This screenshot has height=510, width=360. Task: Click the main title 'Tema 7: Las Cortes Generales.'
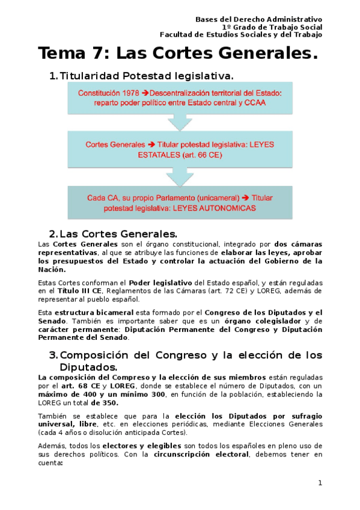[x=177, y=54]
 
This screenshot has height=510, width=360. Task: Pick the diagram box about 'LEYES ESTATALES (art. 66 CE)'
[x=181, y=149]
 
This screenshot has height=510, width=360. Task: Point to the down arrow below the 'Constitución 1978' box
[x=180, y=122]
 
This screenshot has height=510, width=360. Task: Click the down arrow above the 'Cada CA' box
[x=180, y=176]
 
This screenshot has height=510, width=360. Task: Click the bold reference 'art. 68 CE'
[x=76, y=386]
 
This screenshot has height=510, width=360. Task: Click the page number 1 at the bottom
[x=320, y=483]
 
